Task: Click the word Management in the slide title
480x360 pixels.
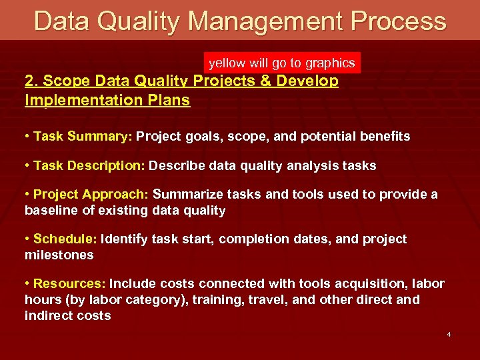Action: click(x=265, y=21)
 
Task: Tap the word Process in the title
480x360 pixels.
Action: click(x=397, y=21)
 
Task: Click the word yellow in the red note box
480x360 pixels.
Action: click(x=227, y=63)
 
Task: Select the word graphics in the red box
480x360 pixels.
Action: click(x=330, y=63)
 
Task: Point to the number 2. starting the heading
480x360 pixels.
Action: click(x=31, y=81)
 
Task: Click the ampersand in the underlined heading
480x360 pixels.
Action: click(x=259, y=81)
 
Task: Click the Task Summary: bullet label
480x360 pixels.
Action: click(x=83, y=137)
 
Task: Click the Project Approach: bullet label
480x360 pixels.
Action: click(x=91, y=195)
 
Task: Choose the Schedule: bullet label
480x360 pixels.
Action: click(x=65, y=239)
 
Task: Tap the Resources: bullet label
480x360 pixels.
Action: click(x=69, y=284)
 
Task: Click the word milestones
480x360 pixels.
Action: click(x=59, y=255)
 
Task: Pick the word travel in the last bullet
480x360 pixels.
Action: click(x=269, y=300)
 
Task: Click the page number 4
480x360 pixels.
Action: click(x=449, y=333)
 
